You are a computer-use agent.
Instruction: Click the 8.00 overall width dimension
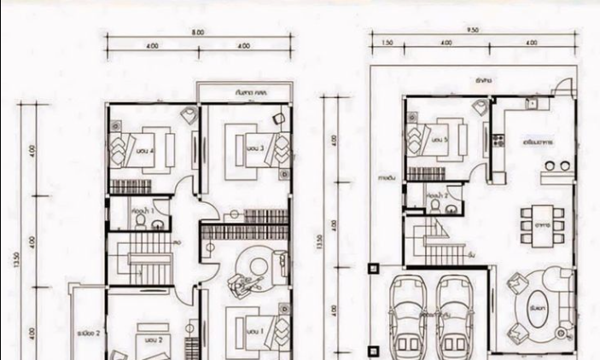pos(198,32)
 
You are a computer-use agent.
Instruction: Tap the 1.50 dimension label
pos(387,42)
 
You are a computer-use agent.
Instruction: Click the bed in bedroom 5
pos(438,138)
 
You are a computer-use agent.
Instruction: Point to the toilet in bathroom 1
pos(140,220)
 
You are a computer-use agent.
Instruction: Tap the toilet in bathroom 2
pos(435,206)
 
